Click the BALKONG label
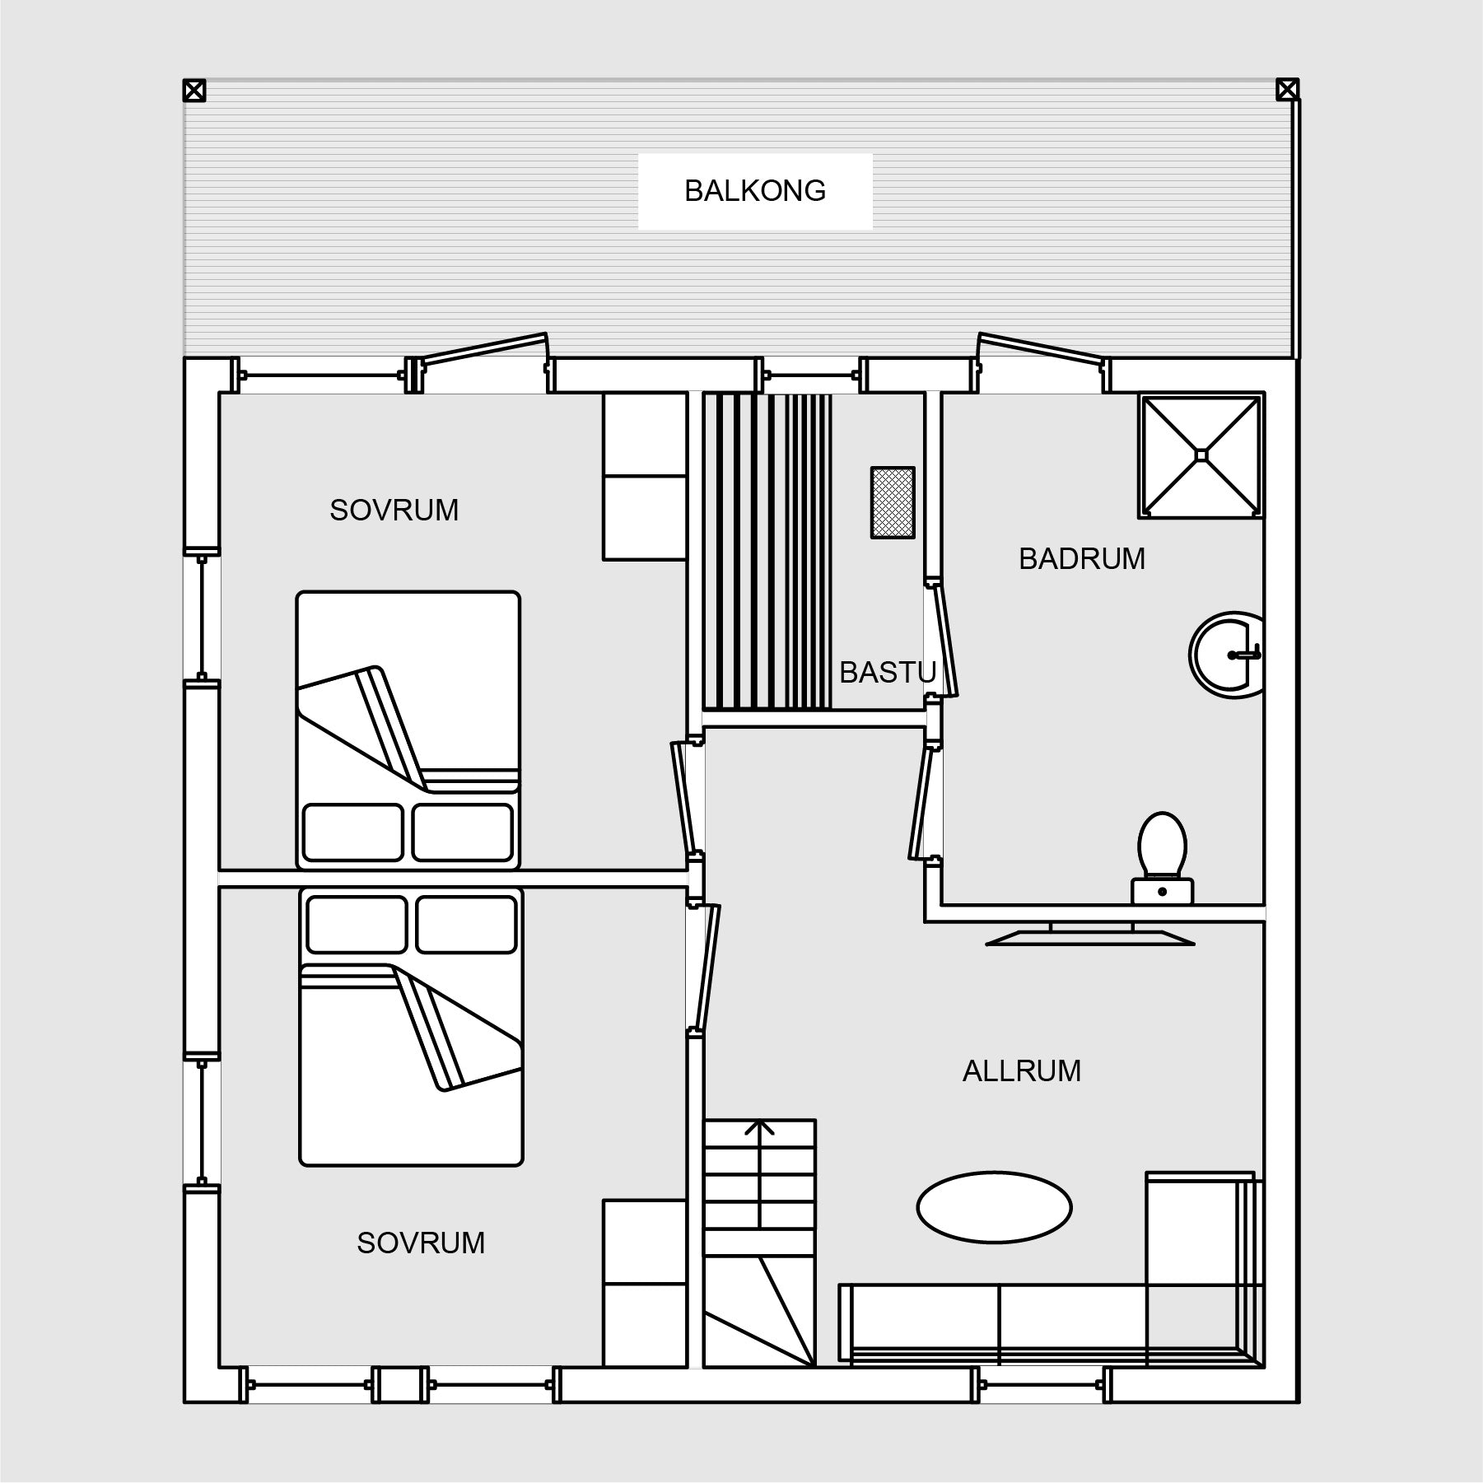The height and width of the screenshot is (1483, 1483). [755, 191]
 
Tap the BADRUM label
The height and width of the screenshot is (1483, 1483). [1082, 559]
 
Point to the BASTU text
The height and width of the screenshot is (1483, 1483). [888, 673]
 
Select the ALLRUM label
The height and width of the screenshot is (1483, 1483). [1022, 1070]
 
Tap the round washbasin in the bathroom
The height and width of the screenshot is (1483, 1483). [1226, 655]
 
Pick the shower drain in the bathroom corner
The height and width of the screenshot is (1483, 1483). [1201, 455]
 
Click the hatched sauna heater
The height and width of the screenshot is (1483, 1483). [893, 503]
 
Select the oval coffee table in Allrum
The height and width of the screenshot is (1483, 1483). [994, 1207]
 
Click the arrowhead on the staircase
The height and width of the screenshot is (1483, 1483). [759, 1127]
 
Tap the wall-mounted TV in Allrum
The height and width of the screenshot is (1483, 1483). [1090, 935]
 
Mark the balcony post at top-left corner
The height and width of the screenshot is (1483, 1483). [194, 90]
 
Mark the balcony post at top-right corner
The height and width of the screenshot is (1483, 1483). [1287, 90]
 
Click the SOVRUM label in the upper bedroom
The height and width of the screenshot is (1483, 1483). [394, 511]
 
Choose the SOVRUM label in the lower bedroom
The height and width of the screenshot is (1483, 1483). [421, 1243]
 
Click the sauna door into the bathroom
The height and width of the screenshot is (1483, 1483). [943, 639]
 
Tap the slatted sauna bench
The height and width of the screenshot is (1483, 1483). [767, 551]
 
